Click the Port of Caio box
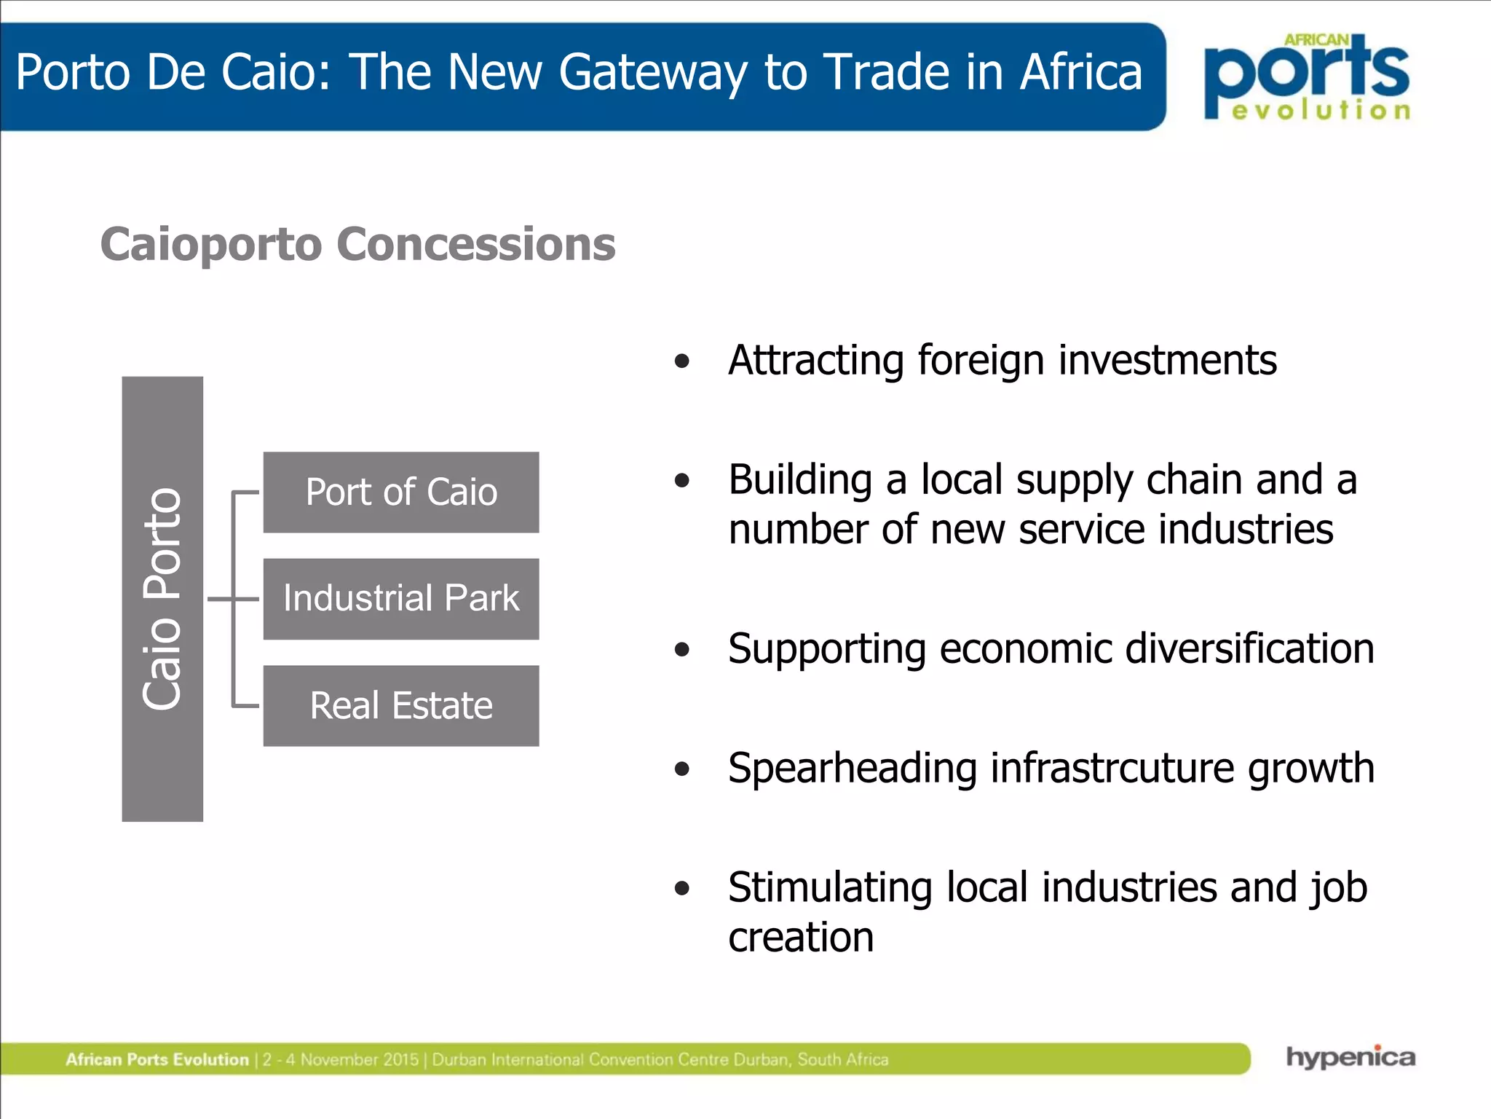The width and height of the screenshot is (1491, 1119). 401,492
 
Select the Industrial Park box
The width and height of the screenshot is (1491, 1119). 401,599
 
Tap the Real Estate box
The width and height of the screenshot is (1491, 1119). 401,705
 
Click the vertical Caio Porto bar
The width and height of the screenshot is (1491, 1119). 162,599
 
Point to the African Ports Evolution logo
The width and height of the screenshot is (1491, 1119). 1308,76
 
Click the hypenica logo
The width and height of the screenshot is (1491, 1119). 1350,1057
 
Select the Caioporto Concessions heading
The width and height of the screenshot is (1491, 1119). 357,244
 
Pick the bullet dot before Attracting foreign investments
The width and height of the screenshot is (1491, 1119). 682,361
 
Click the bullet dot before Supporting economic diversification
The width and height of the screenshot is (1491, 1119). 682,649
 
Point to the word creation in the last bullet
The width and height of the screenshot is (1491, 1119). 801,937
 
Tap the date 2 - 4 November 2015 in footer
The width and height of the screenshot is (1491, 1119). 341,1059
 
